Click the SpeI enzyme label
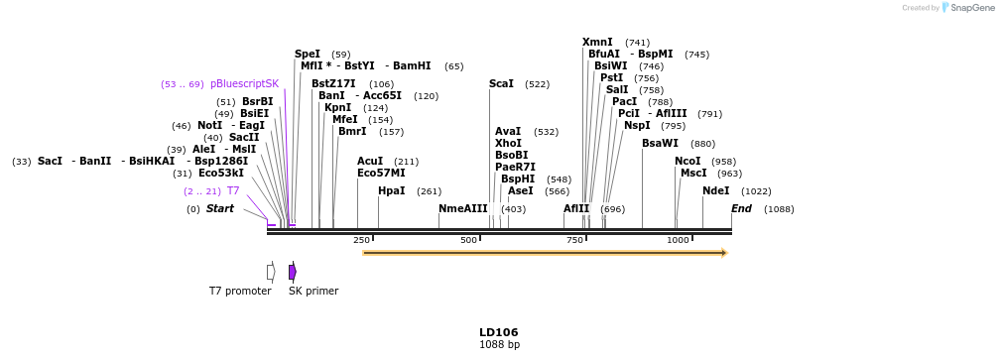(x=308, y=54)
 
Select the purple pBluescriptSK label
(x=244, y=83)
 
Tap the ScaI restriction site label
(x=501, y=83)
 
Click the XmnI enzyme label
(x=597, y=42)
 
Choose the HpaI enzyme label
(x=391, y=190)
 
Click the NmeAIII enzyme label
(x=463, y=208)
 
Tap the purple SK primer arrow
(x=293, y=272)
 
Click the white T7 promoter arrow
(x=271, y=272)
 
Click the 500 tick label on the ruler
(x=468, y=240)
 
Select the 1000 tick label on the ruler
(x=678, y=240)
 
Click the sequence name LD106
(x=499, y=332)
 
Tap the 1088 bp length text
(x=499, y=345)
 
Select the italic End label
(x=741, y=208)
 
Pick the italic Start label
(x=219, y=208)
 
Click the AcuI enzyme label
(x=370, y=161)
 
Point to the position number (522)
(x=537, y=84)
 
